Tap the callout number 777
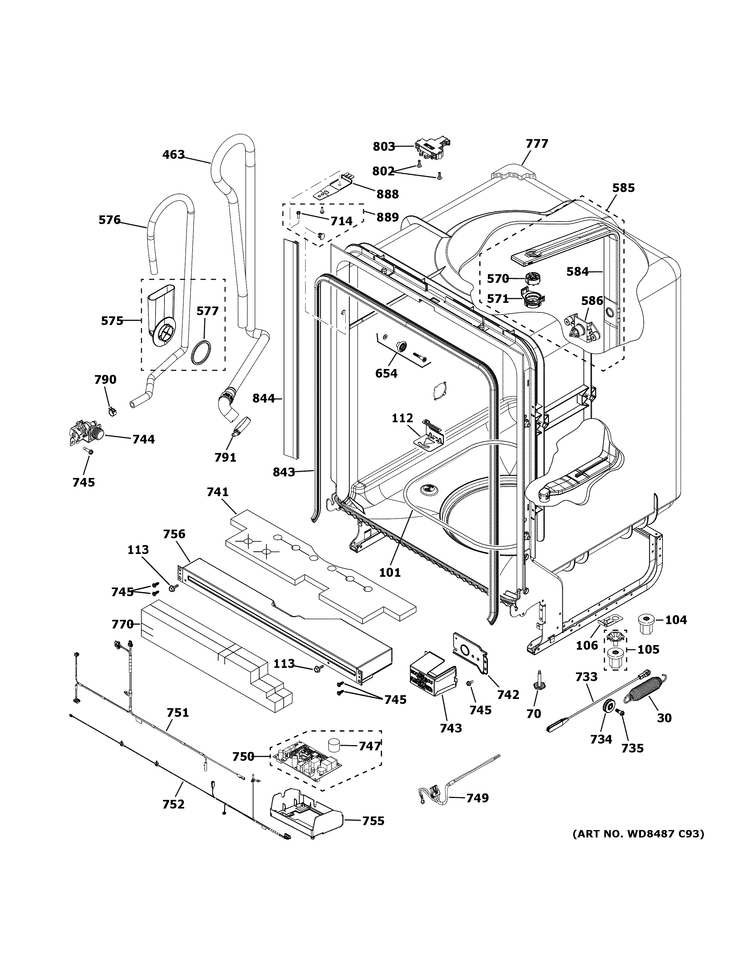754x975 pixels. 537,144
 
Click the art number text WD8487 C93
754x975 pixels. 638,833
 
